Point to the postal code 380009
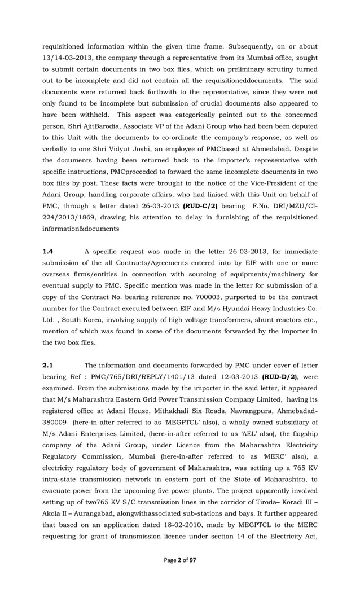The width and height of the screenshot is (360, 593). (56, 411)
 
